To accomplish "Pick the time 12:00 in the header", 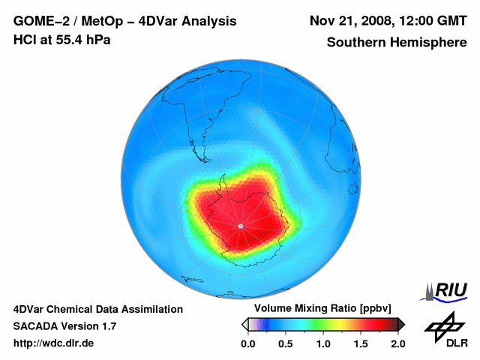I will (417, 21).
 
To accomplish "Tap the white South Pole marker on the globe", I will (240, 226).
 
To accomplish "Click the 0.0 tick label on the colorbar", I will (247, 344).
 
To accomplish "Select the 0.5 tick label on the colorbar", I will (286, 344).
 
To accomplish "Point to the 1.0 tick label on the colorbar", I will (323, 344).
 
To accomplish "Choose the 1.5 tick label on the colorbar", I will (361, 344).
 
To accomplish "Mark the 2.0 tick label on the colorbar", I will (398, 344).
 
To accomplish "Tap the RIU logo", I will (448, 289).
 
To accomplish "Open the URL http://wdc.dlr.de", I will (54, 343).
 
